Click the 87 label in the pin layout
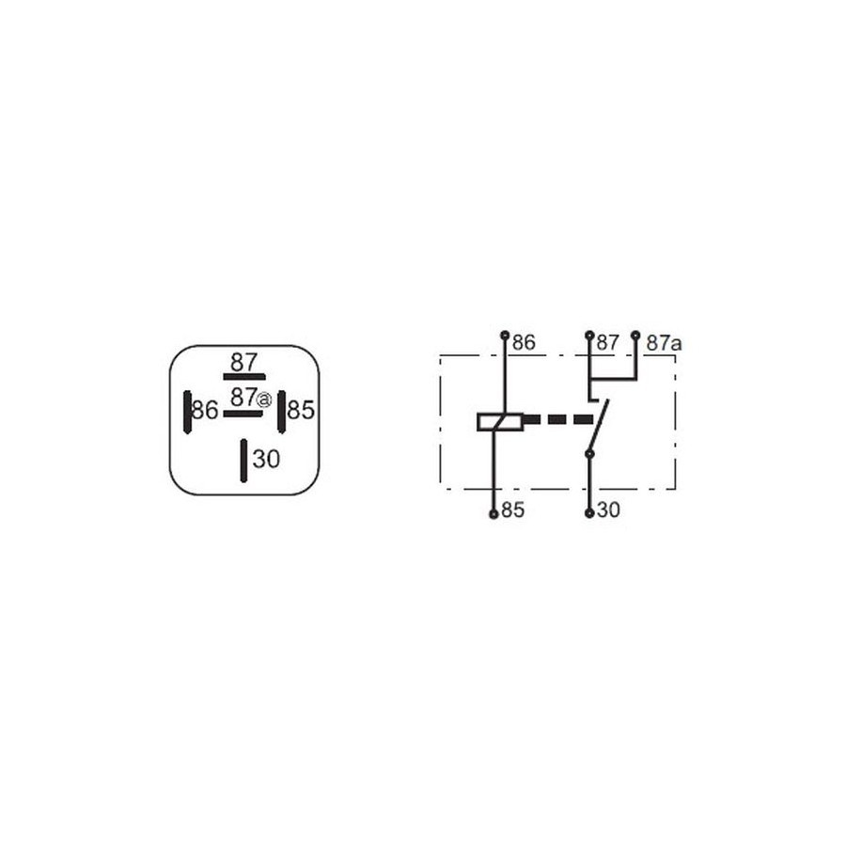click(243, 362)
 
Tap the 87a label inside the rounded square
click(251, 398)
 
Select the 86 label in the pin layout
click(205, 410)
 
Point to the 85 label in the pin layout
click(301, 410)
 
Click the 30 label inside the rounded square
click(267, 459)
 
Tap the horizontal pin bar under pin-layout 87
click(244, 377)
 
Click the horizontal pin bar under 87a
click(243, 414)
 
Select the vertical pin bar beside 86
click(187, 413)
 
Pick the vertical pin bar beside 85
click(281, 412)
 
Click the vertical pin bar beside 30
click(243, 461)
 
